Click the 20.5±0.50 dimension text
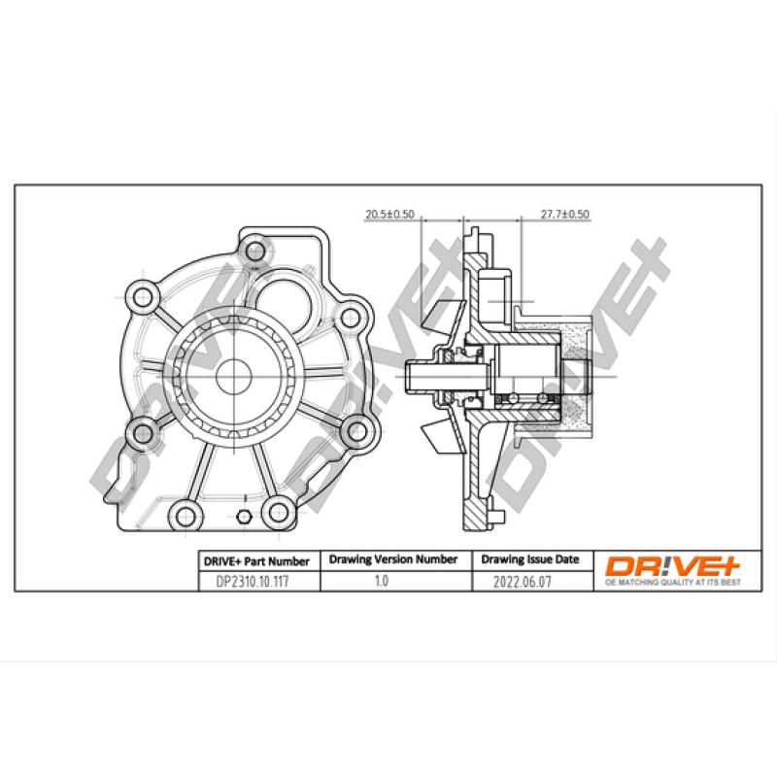(x=389, y=213)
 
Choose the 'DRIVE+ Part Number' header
(x=255, y=560)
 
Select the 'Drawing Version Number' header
(x=393, y=560)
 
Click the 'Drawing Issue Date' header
(x=530, y=560)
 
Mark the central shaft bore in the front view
(x=230, y=373)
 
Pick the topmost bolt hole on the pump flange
(x=255, y=251)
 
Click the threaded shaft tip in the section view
(x=415, y=373)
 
